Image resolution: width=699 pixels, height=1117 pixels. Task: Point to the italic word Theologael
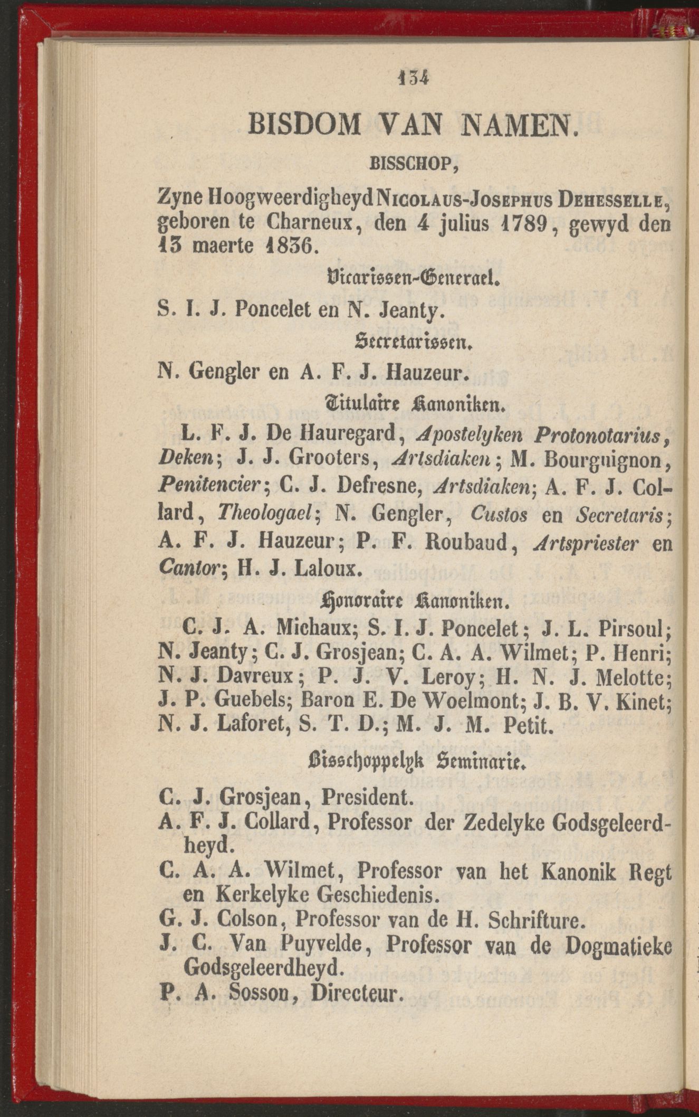(x=260, y=511)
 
